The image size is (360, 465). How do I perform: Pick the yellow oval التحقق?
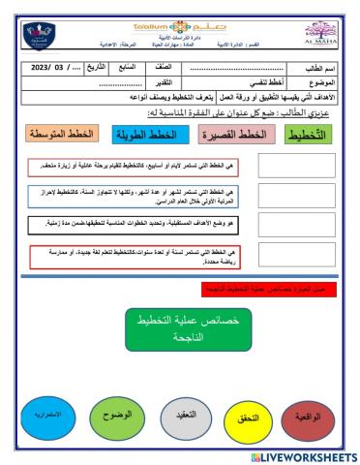pos(243,419)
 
